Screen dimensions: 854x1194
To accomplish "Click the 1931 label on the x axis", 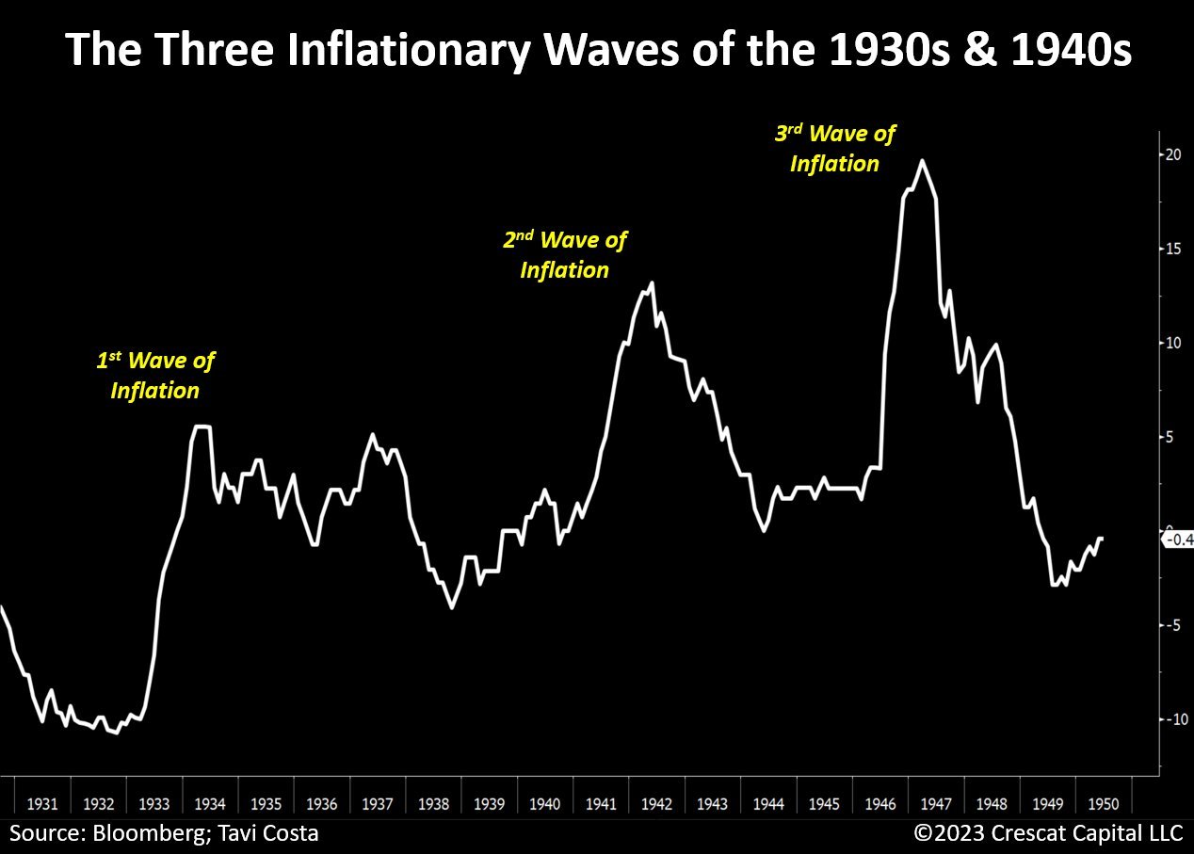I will tap(42, 804).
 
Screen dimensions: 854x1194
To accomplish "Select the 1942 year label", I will tap(656, 804).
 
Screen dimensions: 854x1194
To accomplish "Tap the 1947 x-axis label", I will tap(936, 804).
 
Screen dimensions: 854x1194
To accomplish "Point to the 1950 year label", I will tap(1103, 804).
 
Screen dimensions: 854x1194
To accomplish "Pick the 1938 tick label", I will tap(433, 804).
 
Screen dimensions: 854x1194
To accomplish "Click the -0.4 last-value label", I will tap(1178, 540).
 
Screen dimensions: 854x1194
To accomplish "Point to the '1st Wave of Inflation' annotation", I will tap(155, 375).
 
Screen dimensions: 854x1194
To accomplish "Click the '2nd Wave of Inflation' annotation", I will tap(565, 255).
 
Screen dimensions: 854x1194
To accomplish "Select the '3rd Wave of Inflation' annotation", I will tap(834, 148).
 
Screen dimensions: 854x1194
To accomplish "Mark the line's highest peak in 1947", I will tap(922, 161).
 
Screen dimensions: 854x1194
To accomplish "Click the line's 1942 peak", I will tap(652, 283).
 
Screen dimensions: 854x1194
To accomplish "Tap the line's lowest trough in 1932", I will tap(116, 733).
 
